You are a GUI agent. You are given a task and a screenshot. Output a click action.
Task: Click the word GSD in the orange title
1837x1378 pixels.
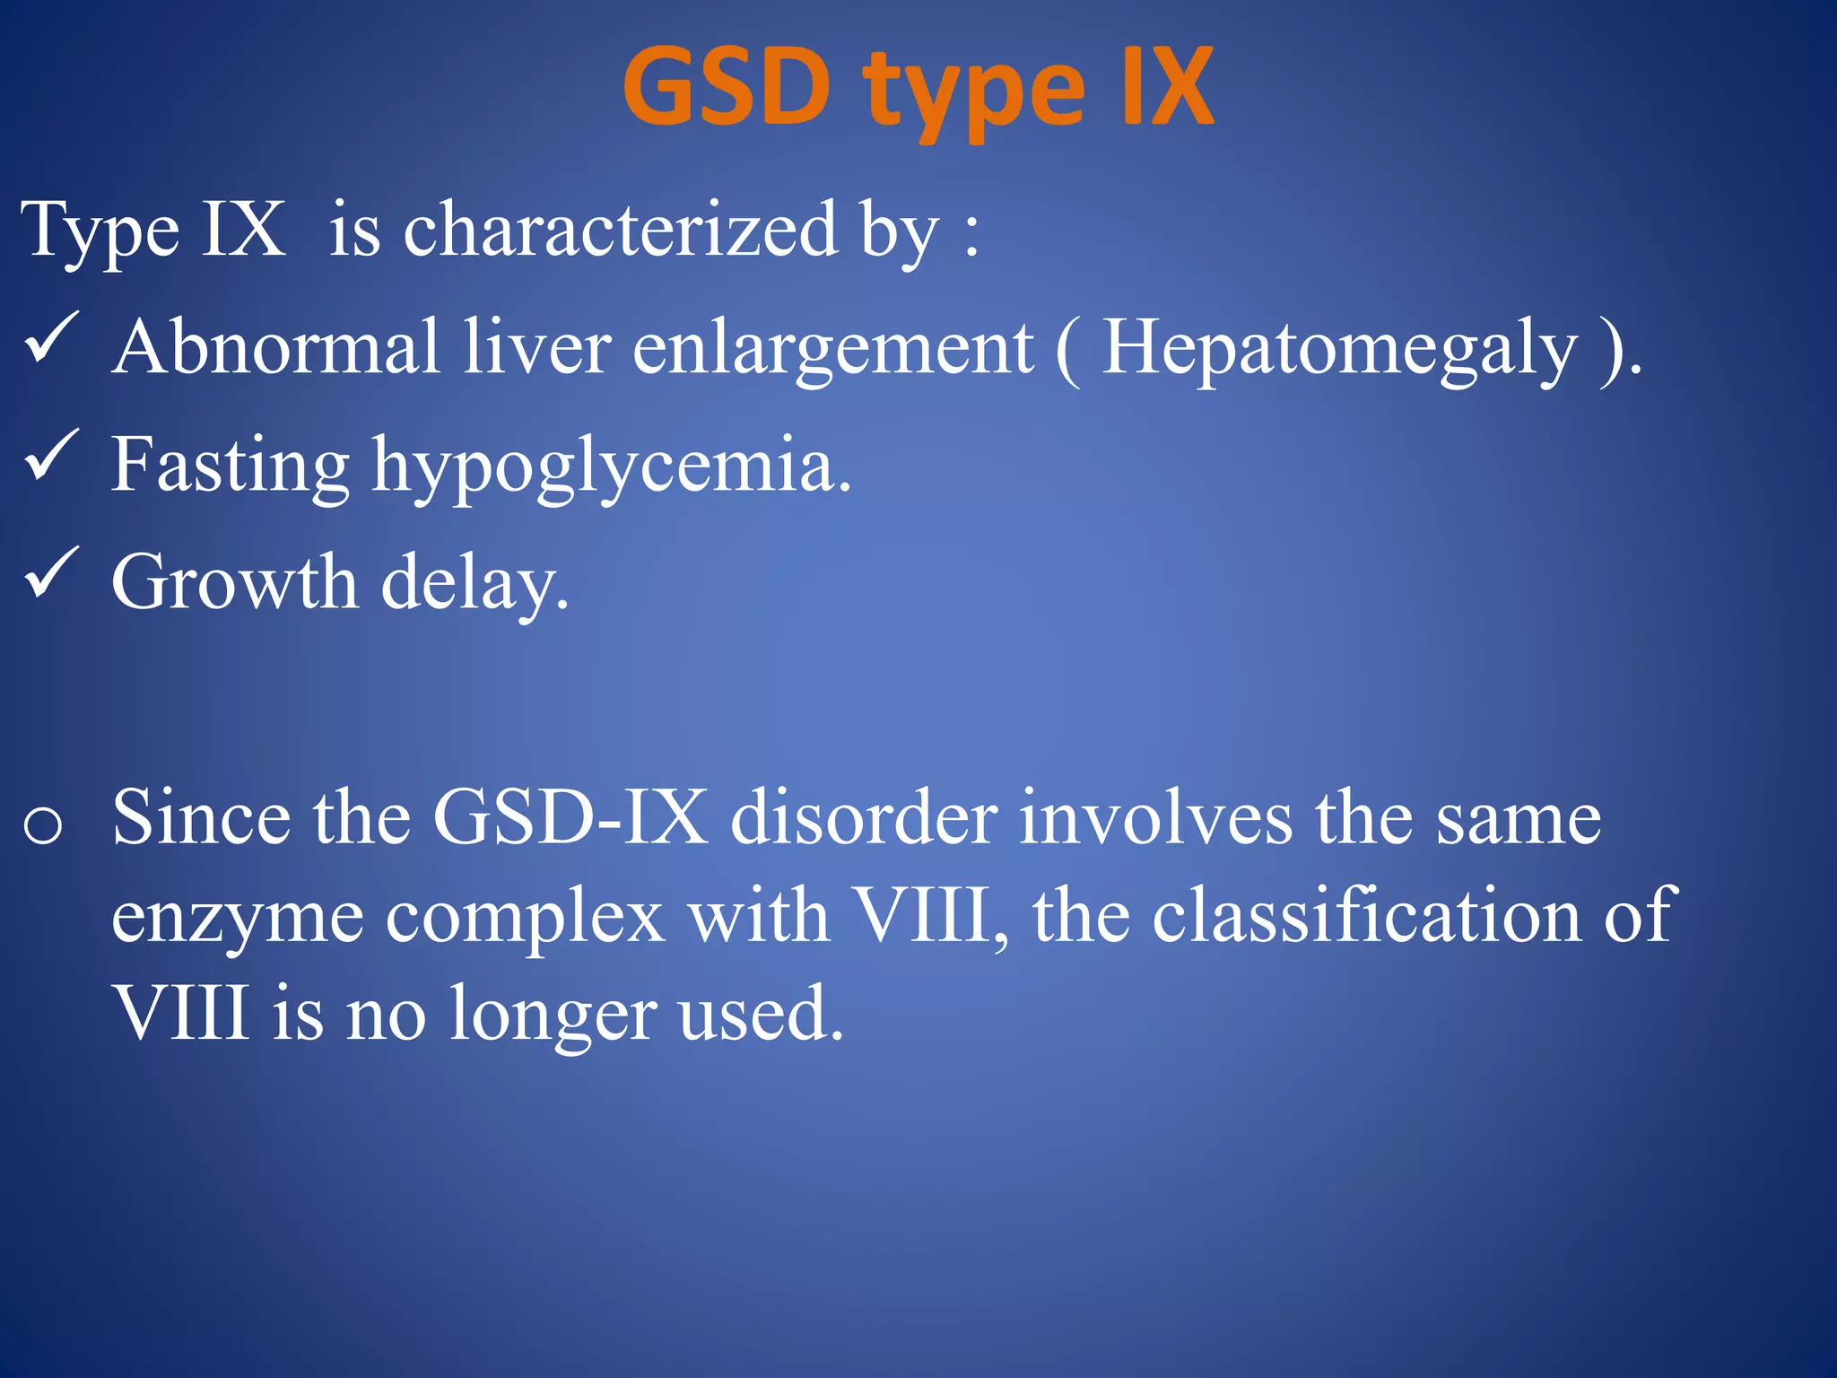click(x=727, y=88)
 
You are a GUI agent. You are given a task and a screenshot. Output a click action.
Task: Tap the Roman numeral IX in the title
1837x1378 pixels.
click(x=1166, y=88)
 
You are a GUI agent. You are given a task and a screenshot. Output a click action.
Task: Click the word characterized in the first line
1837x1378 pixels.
click(x=620, y=230)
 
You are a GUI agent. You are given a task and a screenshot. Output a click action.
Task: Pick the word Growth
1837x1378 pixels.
click(x=234, y=582)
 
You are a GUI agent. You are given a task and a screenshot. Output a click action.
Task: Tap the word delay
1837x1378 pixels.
click(x=474, y=584)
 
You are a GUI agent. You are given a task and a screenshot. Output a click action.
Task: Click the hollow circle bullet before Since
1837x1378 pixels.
click(x=43, y=825)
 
